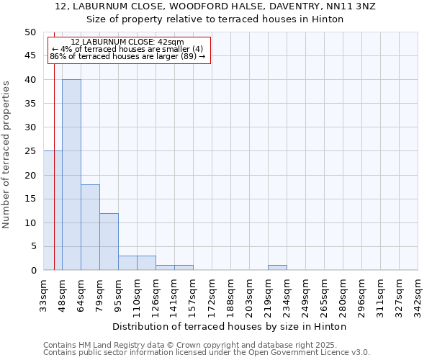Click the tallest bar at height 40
tap(71, 175)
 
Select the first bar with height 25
tap(53, 210)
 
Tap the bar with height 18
tap(90, 228)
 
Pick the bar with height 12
tap(109, 242)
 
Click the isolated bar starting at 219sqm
tap(277, 268)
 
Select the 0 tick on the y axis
tap(33, 271)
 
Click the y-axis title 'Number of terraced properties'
tap(6, 154)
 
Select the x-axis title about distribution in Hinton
tap(230, 326)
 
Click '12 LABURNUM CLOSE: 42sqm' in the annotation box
tap(127, 42)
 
